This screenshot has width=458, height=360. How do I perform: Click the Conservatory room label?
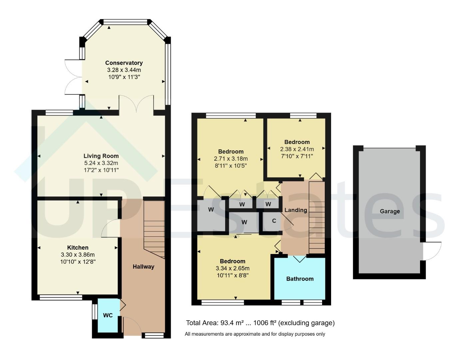124,63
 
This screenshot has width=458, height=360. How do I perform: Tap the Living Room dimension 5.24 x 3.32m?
101,163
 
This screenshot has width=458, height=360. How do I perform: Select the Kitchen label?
78,248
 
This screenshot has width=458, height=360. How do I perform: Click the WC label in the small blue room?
108,315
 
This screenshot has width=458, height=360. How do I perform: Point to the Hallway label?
144,267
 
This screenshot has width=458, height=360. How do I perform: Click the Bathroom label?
300,279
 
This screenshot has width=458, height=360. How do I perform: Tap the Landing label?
295,210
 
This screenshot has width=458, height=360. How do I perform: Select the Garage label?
390,211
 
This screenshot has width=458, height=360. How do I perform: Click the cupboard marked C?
274,221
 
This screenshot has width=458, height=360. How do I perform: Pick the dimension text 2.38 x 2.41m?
297,149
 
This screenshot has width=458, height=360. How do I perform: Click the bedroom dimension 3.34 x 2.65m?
232,268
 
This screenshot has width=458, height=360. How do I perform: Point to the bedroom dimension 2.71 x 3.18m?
231,159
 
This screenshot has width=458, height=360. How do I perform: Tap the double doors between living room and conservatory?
136,104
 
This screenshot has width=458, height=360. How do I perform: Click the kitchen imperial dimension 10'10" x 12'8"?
78,262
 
